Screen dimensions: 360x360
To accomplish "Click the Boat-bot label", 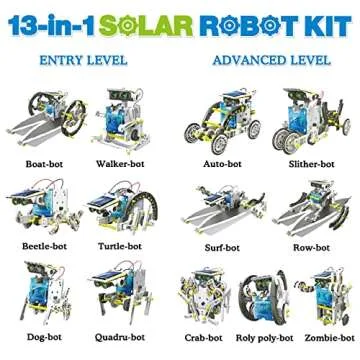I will click(x=41, y=162).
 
